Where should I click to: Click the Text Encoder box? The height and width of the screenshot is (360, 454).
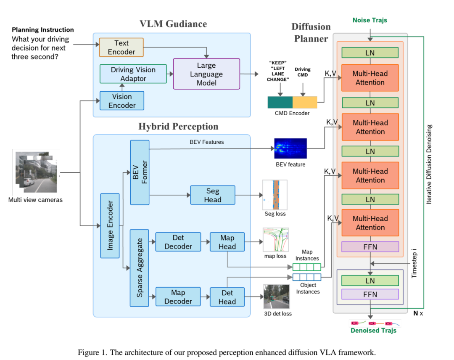(121, 48)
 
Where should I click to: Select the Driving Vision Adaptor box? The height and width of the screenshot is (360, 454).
(133, 74)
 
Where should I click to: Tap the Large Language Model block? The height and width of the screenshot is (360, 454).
(206, 74)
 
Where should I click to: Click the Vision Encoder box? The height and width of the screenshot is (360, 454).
(122, 101)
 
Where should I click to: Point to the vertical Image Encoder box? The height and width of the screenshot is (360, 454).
(110, 225)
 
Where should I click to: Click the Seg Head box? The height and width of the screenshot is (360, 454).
(212, 195)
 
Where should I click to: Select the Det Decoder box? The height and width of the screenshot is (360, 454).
(178, 242)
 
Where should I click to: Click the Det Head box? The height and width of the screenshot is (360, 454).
(227, 297)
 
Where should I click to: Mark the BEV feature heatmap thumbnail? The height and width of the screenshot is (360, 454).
(290, 148)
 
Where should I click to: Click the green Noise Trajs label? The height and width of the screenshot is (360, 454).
(370, 20)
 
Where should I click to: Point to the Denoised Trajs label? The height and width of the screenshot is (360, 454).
(374, 331)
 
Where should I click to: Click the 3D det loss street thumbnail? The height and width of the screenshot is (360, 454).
(276, 296)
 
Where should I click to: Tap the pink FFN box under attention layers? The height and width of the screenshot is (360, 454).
(370, 246)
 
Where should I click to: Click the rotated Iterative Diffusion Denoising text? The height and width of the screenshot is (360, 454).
(429, 164)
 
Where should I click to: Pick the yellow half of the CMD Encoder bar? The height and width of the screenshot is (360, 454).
(305, 103)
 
